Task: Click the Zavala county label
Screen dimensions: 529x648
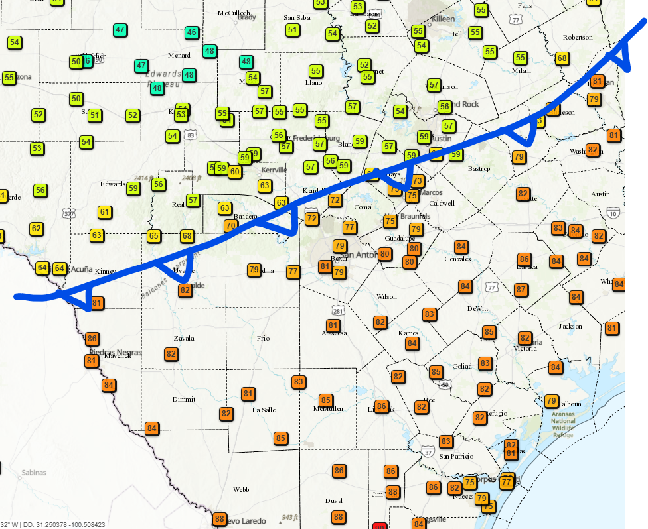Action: tap(184, 338)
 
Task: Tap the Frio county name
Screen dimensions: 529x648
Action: tap(263, 338)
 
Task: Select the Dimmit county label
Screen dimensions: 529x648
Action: tap(184, 399)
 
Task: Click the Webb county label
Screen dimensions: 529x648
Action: tap(240, 489)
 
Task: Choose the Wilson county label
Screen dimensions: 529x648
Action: tap(386, 296)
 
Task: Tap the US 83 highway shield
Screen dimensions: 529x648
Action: tap(191, 135)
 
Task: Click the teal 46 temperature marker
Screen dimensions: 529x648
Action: tap(191, 32)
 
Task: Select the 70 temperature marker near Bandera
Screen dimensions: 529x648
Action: tap(230, 225)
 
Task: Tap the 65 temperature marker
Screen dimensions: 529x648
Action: tap(153, 236)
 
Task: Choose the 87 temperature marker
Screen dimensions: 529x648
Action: tap(521, 289)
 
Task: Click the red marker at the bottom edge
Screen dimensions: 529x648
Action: tap(380, 526)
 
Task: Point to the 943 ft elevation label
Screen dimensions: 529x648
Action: tap(289, 517)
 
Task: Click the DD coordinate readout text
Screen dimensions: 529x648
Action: tap(63, 524)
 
